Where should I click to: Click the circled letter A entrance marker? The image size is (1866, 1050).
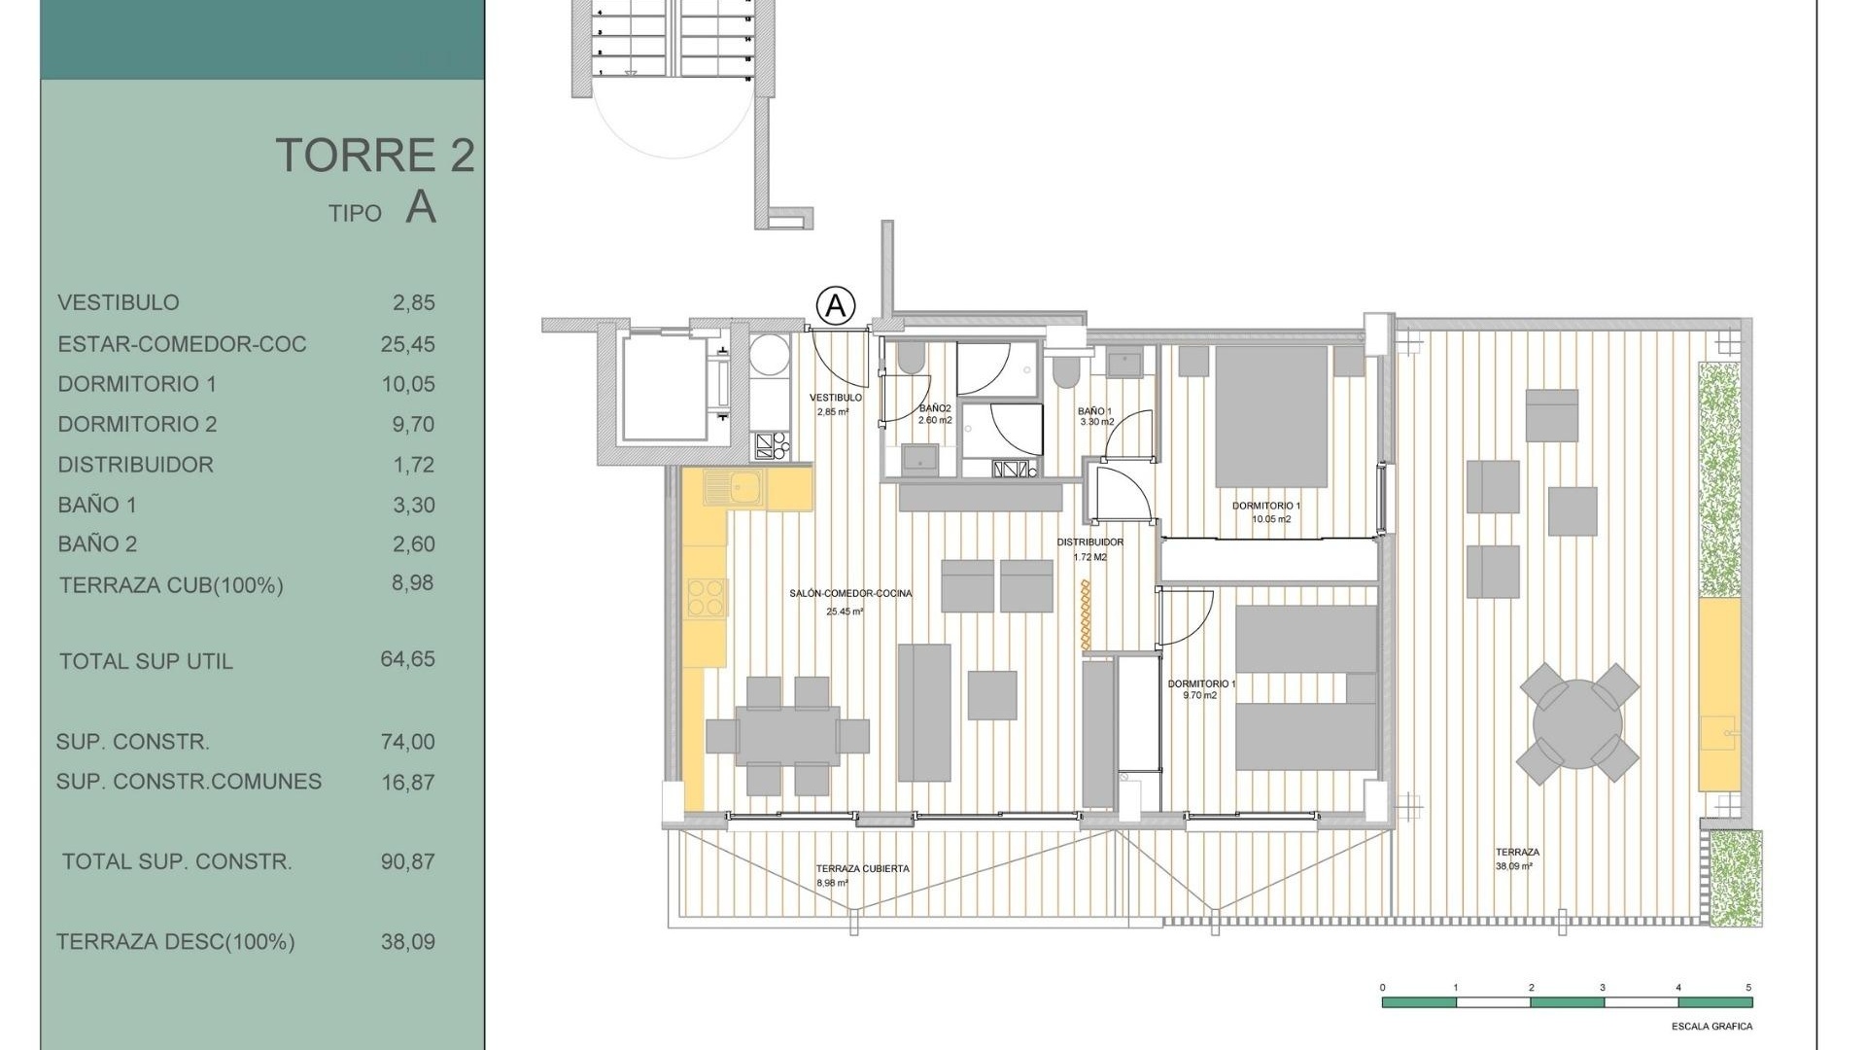[x=835, y=306]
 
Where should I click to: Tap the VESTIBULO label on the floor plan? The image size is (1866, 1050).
[x=836, y=398]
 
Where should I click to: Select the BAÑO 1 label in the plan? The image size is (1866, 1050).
[x=1094, y=411]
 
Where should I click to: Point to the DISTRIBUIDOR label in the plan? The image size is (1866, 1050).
[x=1090, y=542]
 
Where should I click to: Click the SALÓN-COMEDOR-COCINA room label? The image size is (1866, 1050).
[x=851, y=593]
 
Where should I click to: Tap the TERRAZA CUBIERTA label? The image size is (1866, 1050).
[x=862, y=869]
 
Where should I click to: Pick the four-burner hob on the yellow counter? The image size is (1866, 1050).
[x=708, y=597]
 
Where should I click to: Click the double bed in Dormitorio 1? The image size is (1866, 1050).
[x=1271, y=416]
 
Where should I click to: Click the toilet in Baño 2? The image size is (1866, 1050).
[x=912, y=359]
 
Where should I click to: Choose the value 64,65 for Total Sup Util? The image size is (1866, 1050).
[x=407, y=659]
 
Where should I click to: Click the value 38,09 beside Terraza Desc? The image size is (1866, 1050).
[x=407, y=942]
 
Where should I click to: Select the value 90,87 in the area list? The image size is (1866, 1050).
[x=407, y=861]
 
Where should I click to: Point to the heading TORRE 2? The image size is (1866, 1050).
[x=375, y=156]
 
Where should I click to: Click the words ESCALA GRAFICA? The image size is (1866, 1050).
[x=1712, y=1027]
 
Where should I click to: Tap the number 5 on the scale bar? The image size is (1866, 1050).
[x=1748, y=988]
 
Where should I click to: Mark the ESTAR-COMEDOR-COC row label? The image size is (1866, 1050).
[x=182, y=344]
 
